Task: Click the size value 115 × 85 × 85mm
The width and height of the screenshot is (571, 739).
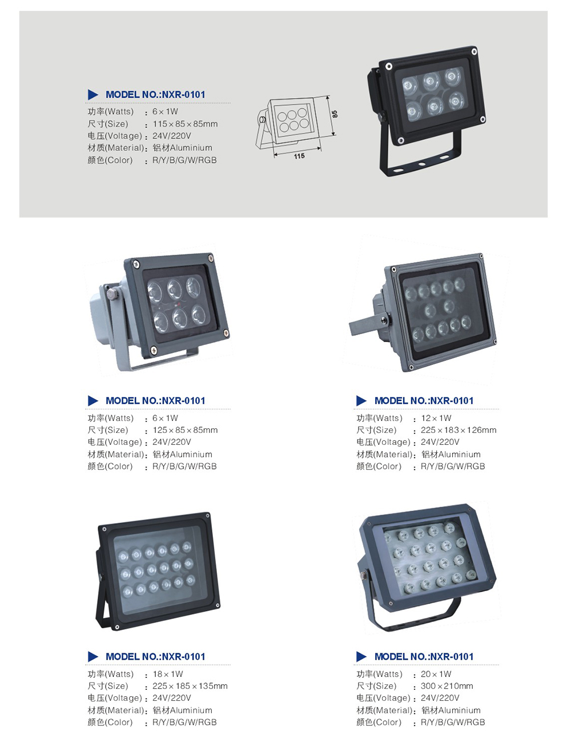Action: coord(184,124)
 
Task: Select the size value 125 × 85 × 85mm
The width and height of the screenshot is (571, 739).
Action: coord(184,430)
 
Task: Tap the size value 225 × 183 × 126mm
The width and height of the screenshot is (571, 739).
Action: coord(458,430)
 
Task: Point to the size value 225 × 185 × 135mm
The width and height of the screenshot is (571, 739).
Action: coord(190,686)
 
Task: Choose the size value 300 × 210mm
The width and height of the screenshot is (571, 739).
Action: coord(447,686)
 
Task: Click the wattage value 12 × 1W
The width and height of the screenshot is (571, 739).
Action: coord(436,418)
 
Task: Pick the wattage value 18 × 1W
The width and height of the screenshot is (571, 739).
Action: coord(167,674)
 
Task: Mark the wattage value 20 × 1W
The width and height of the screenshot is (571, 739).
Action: coord(436,674)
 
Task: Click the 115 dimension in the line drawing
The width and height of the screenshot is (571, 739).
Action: coord(299,156)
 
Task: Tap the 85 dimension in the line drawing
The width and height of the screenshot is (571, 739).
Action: coord(335,114)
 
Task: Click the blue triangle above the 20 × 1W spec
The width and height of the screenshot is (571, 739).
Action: coord(361,656)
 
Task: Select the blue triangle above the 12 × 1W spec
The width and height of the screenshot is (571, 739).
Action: coord(361,400)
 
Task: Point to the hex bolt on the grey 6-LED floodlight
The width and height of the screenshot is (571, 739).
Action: coord(112,294)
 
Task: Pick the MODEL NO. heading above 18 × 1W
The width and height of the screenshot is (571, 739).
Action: coord(155,657)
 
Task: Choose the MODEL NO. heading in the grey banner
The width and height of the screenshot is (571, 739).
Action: coord(155,95)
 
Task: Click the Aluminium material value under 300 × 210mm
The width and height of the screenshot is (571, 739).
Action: coord(451,710)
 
